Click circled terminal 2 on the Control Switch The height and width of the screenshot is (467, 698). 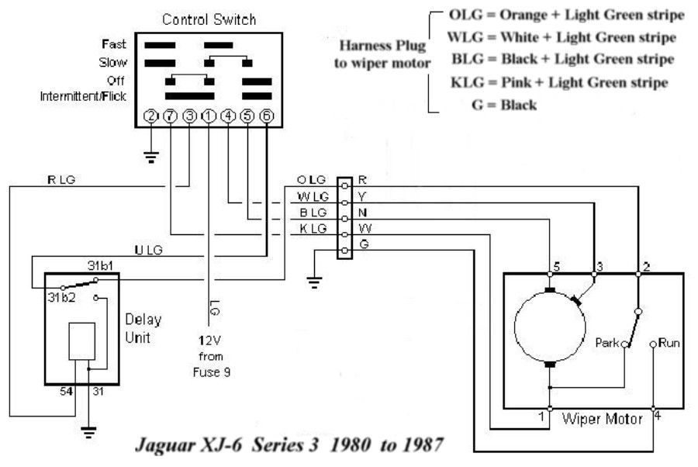[x=151, y=116]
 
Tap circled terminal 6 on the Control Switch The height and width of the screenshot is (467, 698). [x=267, y=116]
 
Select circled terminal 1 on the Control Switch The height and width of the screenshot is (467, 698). [x=209, y=116]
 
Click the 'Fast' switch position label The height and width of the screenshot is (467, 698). [x=114, y=44]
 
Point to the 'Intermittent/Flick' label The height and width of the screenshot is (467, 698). [x=83, y=96]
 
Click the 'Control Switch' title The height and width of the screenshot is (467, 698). [x=209, y=19]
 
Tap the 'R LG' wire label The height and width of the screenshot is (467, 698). [x=61, y=180]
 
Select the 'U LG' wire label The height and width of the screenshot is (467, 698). [x=149, y=251]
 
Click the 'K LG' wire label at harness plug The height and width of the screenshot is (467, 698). [x=313, y=229]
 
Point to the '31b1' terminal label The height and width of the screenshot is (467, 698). [x=100, y=266]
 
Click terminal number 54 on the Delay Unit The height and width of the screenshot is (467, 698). [x=67, y=391]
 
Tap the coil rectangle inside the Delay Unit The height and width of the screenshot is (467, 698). [x=82, y=341]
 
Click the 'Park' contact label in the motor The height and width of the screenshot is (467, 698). [x=607, y=343]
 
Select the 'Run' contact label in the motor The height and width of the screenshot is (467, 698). [x=669, y=343]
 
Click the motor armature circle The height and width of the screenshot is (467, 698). [x=515, y=327]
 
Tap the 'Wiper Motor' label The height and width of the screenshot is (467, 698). [x=603, y=419]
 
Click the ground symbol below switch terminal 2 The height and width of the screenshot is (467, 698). [x=151, y=157]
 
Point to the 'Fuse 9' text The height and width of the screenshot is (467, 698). [x=212, y=372]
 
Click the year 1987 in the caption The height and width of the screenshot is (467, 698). [x=423, y=445]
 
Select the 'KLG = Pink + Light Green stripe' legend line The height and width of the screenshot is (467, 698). [x=559, y=82]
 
